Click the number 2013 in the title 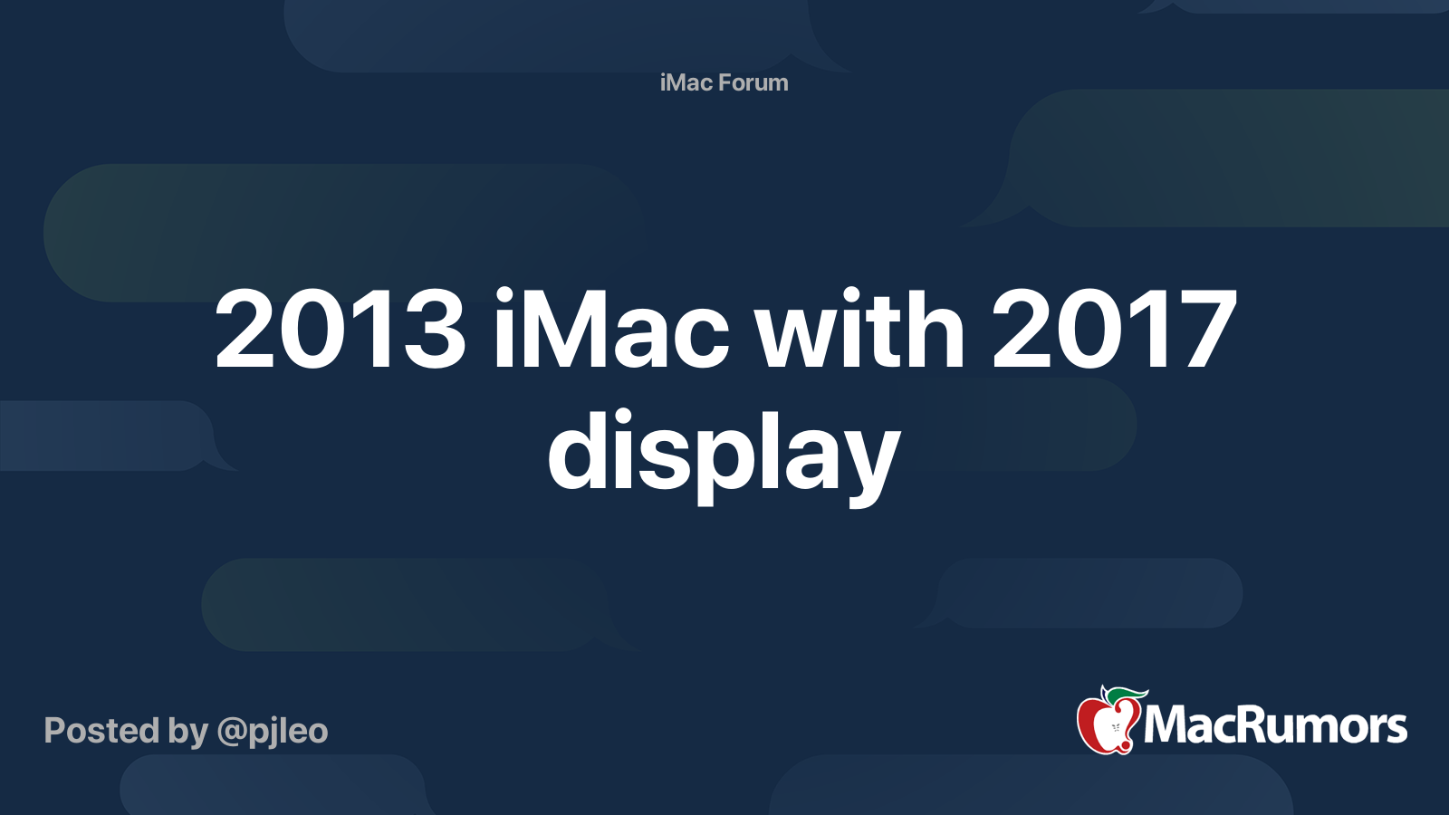pos(340,331)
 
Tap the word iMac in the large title pos(611,331)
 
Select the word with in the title pos(860,331)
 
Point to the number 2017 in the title pos(1114,331)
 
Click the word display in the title pos(724,453)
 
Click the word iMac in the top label pos(686,82)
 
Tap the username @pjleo pos(272,731)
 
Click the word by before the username pos(187,732)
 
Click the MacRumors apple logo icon pos(1107,722)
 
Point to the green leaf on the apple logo pos(1127,695)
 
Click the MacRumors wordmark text pos(1275,725)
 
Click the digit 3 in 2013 pos(430,331)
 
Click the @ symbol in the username pos(232,732)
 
